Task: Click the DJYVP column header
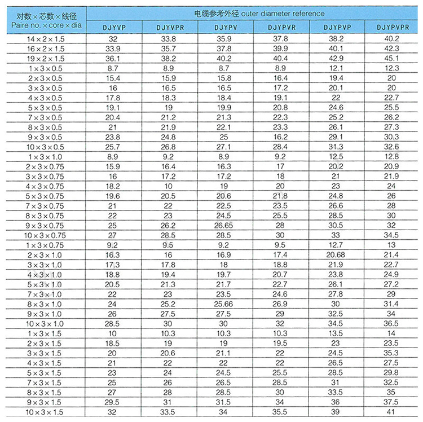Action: [113, 27]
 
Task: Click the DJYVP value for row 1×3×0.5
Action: [113, 68]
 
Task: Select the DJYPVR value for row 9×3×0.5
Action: [281, 137]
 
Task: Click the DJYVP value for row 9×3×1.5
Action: [113, 402]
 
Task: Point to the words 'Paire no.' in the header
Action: [25, 26]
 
